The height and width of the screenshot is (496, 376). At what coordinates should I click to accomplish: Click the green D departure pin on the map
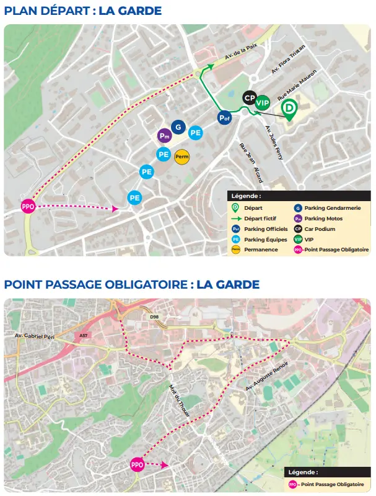pyautogui.click(x=289, y=109)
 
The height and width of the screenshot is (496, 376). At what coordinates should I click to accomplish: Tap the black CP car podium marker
pyautogui.click(x=250, y=97)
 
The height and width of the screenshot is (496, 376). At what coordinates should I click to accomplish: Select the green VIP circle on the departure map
pyautogui.click(x=263, y=103)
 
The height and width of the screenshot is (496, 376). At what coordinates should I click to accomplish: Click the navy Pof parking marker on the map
pyautogui.click(x=224, y=117)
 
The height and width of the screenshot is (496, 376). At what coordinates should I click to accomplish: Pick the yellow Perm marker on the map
pyautogui.click(x=182, y=157)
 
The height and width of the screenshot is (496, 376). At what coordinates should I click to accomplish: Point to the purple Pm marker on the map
pyautogui.click(x=164, y=135)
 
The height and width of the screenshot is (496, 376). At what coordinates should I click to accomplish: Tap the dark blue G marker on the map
pyautogui.click(x=178, y=127)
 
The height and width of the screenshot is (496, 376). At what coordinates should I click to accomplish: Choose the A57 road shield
pyautogui.click(x=84, y=336)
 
